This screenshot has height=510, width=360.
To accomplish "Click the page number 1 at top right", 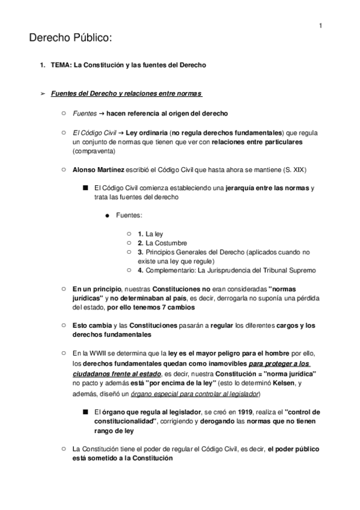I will coord(321,25).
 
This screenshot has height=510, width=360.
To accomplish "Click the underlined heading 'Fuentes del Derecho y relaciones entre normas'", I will coord(127,94).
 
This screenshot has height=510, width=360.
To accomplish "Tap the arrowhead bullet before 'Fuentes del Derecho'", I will coord(41,94).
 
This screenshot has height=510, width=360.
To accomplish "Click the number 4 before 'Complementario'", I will coord(139,271).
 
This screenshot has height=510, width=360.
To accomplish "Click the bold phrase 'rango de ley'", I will coord(115,431).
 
